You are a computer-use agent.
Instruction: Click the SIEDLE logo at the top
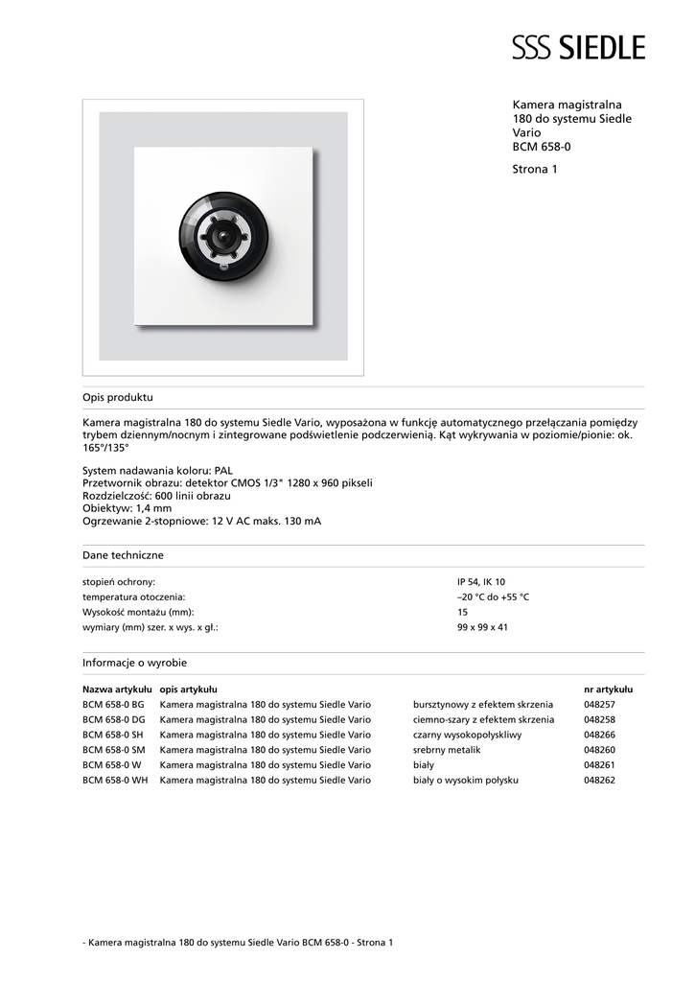(x=578, y=47)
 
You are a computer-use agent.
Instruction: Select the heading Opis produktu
(x=117, y=397)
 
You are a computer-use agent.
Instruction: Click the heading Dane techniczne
(x=123, y=555)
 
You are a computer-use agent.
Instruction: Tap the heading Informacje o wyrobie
(x=134, y=663)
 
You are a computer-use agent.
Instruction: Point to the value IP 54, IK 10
(x=481, y=582)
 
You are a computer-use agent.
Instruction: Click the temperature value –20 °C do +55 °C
(x=493, y=597)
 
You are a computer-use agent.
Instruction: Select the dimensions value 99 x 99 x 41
(x=482, y=627)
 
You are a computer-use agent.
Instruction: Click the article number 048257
(x=599, y=704)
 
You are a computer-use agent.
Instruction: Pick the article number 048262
(x=599, y=781)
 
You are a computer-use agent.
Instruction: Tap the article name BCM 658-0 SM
(x=114, y=750)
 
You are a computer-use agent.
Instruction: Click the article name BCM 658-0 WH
(x=115, y=781)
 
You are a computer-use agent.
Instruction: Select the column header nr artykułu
(x=608, y=689)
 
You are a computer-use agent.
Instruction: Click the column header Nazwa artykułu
(x=117, y=689)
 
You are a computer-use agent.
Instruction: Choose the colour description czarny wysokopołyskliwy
(x=467, y=735)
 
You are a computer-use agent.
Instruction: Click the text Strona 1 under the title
(x=535, y=169)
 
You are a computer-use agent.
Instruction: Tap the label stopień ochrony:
(x=119, y=582)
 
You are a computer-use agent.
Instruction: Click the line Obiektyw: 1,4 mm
(x=127, y=508)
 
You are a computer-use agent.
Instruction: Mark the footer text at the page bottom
(x=238, y=943)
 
